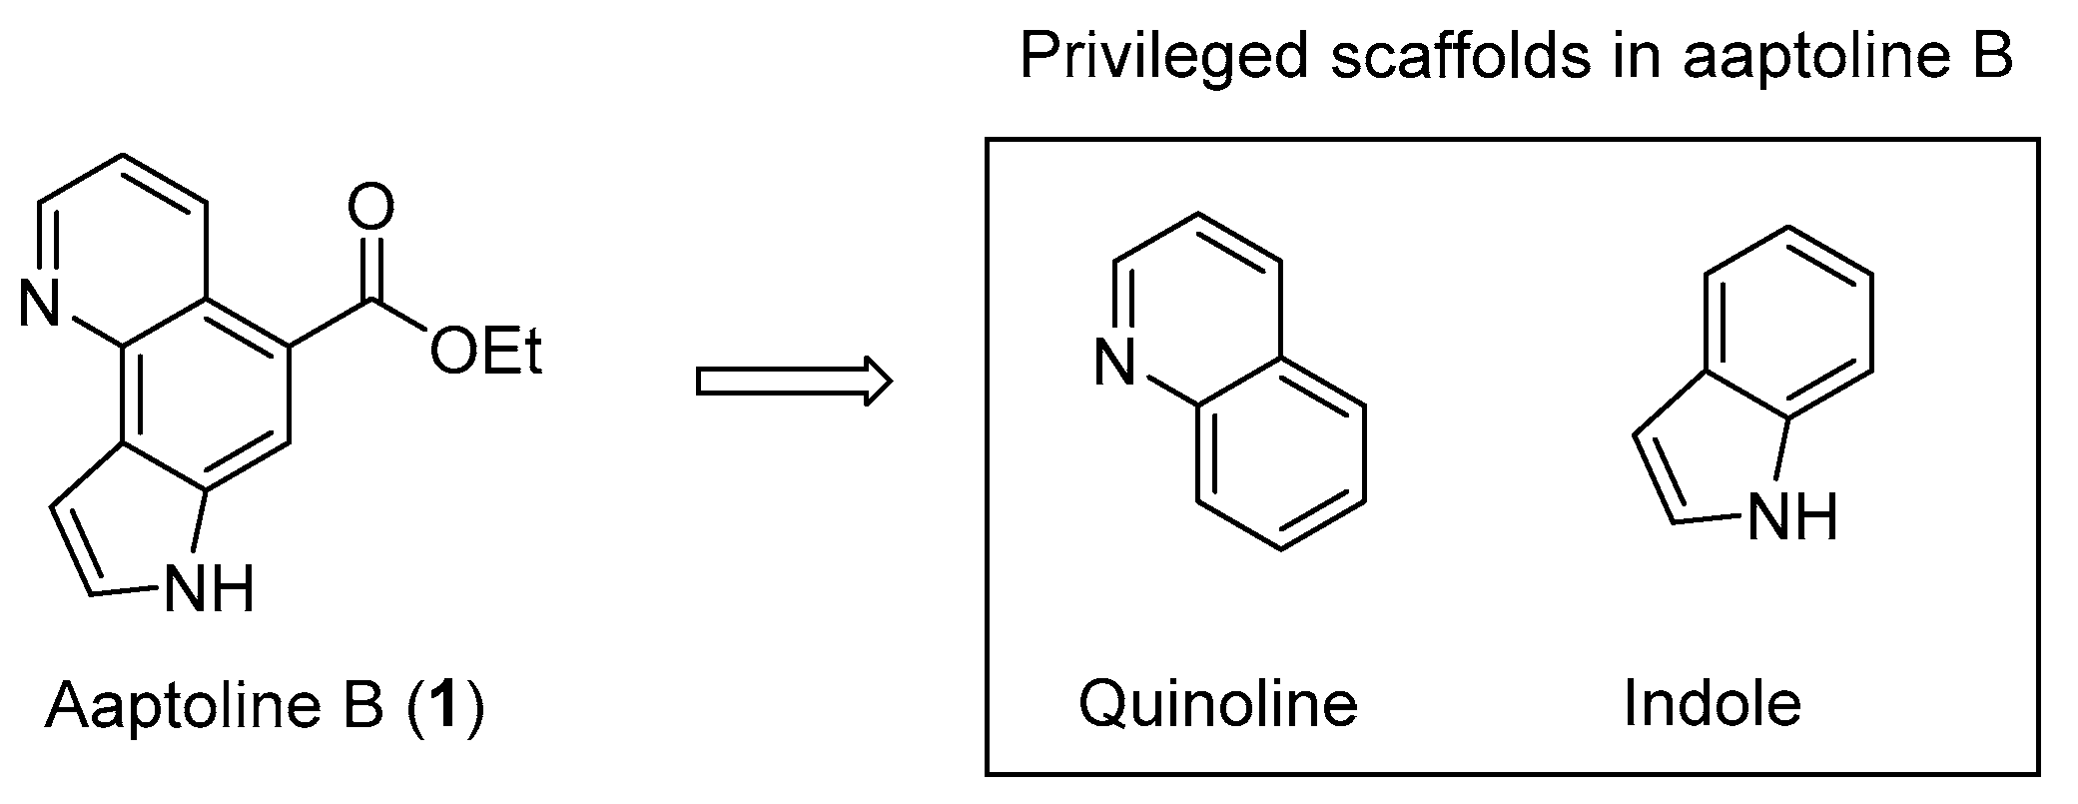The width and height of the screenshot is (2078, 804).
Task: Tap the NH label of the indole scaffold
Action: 1793,517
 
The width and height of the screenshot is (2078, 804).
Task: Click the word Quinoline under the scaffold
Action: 1217,704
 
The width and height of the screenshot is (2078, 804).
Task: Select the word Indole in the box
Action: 1712,704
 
